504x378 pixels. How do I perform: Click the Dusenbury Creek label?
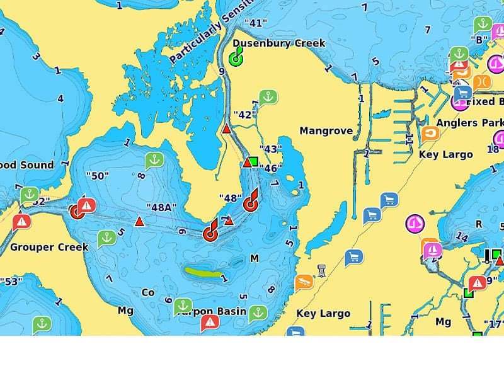coord(279,43)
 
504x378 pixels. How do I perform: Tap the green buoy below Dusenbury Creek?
coord(236,59)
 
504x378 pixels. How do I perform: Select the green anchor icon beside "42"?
coord(268,98)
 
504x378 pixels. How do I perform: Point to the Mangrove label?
coord(326,131)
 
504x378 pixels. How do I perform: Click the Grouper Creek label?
coord(49,247)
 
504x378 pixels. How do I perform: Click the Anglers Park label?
coord(470,122)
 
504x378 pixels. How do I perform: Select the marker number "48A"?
coord(161,207)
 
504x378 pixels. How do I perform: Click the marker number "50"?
coord(98,176)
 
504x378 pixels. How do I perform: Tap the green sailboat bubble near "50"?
coord(154,161)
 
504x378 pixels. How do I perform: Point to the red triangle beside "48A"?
coord(139,221)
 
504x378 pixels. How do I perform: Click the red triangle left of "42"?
coord(226,129)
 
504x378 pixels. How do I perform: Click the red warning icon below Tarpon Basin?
coord(210,323)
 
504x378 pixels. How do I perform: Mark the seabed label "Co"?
coord(148,292)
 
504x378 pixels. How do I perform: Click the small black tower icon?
coord(322,271)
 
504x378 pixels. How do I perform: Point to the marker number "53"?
coord(11,280)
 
